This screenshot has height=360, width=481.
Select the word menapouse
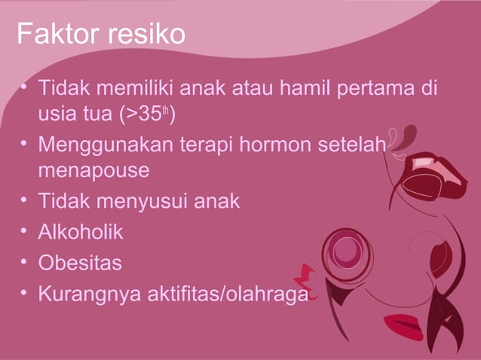pyautogui.click(x=94, y=170)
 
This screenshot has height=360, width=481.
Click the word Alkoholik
pyautogui.click(x=81, y=233)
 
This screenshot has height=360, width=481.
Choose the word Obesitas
pyautogui.click(x=79, y=264)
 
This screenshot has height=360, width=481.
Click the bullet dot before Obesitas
pyautogui.click(x=25, y=264)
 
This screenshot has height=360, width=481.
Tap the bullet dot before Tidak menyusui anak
pyautogui.click(x=25, y=202)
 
